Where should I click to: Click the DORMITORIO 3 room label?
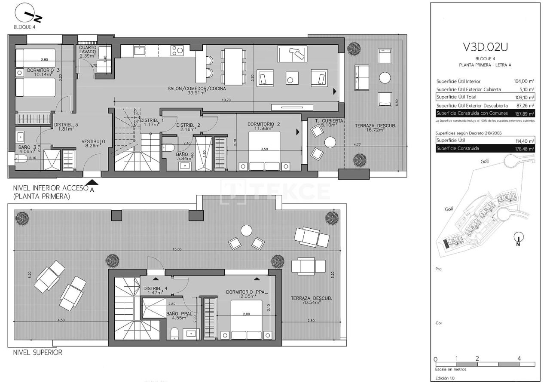43,70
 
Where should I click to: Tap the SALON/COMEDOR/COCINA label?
197,89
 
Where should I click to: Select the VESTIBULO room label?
93,141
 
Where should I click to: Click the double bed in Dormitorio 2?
264,150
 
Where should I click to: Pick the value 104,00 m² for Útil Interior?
524,81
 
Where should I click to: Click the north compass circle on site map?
519,237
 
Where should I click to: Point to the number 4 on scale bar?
519,358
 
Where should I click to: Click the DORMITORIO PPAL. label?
247,292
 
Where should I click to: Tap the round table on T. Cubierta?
330,142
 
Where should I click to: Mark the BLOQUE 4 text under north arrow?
25,27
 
